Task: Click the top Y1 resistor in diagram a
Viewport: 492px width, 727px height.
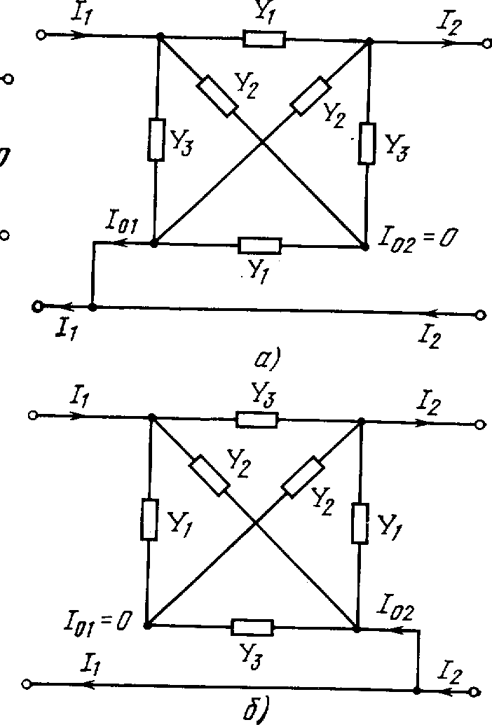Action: pyautogui.click(x=264, y=39)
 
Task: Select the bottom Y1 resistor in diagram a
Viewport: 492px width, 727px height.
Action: pyautogui.click(x=260, y=245)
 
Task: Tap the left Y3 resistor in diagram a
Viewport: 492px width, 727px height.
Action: pyautogui.click(x=156, y=139)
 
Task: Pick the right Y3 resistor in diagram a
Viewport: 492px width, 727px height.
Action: pyautogui.click(x=367, y=144)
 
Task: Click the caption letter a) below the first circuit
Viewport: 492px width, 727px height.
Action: pyautogui.click(x=266, y=361)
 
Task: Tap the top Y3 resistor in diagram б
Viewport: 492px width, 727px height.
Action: pyautogui.click(x=257, y=419)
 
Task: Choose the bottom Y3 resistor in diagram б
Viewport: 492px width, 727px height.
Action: pyautogui.click(x=252, y=627)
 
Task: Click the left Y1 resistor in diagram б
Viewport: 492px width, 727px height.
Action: pyautogui.click(x=149, y=519)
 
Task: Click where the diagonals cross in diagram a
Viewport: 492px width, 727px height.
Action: pyautogui.click(x=262, y=142)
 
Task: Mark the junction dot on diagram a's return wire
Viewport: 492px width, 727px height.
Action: pyautogui.click(x=93, y=306)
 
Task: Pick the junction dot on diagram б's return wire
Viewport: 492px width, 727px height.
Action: pyautogui.click(x=417, y=690)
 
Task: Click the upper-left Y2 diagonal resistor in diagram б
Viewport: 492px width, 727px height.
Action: pyautogui.click(x=210, y=475)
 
